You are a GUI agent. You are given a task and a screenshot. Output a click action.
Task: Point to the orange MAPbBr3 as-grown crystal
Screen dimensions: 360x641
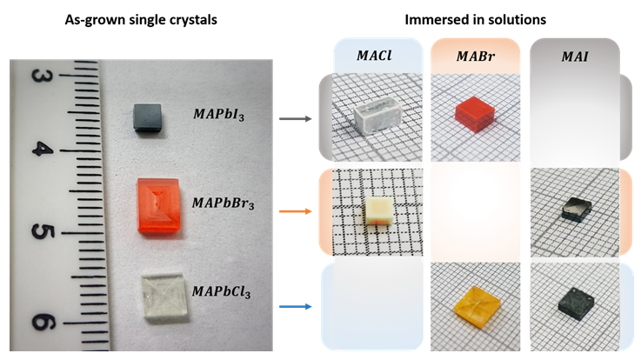162,205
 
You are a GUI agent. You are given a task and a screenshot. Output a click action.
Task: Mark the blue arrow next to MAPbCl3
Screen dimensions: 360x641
297,305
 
